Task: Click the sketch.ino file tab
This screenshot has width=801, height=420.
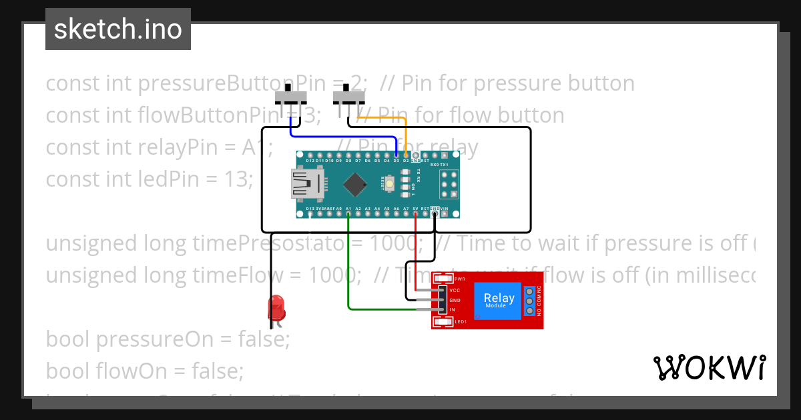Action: point(118,29)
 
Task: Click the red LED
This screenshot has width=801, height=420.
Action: point(276,309)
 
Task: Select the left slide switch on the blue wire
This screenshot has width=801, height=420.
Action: point(290,97)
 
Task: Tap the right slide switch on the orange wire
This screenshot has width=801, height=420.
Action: point(346,97)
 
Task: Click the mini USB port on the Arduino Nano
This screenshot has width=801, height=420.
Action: point(308,184)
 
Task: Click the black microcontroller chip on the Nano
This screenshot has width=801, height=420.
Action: point(358,185)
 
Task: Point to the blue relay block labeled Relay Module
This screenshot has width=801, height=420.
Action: point(499,300)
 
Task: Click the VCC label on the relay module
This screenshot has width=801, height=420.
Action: point(455,291)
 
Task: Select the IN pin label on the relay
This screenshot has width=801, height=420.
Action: point(452,310)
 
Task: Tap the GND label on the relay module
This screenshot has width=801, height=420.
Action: point(455,300)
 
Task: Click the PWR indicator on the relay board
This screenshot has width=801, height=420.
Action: point(459,279)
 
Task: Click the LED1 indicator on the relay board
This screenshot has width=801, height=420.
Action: point(460,322)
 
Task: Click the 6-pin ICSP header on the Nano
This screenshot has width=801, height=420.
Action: point(449,184)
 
